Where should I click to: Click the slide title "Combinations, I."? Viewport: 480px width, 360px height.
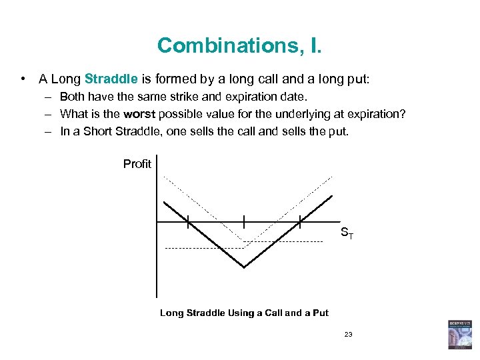pyautogui.click(x=239, y=45)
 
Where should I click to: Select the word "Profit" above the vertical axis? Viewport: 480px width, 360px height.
pyautogui.click(x=137, y=164)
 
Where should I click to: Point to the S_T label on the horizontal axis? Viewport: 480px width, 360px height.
pyautogui.click(x=347, y=233)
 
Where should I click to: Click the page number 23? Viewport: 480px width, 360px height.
pyautogui.click(x=348, y=334)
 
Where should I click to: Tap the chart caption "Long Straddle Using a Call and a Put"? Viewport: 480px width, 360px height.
pyautogui.click(x=244, y=313)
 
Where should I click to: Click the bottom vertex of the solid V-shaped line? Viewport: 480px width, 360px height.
pyautogui.click(x=244, y=267)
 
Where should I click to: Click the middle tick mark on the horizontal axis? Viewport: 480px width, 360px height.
pyautogui.click(x=244, y=221)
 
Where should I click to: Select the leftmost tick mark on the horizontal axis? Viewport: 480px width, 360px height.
pyautogui.click(x=188, y=221)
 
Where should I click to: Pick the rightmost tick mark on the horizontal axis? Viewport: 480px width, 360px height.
pyautogui.click(x=300, y=221)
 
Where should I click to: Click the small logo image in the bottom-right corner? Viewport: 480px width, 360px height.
pyautogui.click(x=459, y=334)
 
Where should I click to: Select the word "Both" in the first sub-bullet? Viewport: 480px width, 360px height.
pyautogui.click(x=73, y=97)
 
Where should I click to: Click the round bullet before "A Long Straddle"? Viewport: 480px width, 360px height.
pyautogui.click(x=23, y=79)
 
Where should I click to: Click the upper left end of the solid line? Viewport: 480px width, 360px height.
pyautogui.click(x=165, y=201)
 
